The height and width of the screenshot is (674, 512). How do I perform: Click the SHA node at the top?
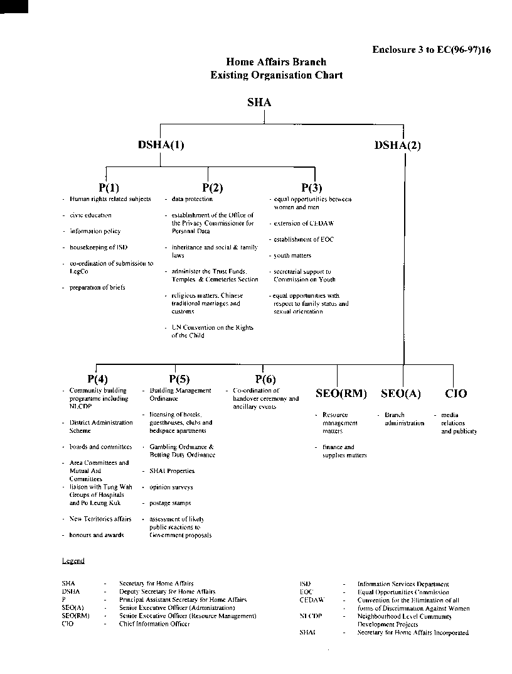coord(259,103)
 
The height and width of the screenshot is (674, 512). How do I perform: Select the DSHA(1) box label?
coord(161,144)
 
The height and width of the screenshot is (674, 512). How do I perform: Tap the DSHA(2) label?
coord(398,145)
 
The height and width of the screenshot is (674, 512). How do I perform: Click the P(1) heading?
coord(109,187)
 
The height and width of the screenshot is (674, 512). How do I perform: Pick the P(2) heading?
coord(213,187)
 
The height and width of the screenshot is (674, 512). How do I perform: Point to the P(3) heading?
coord(312,187)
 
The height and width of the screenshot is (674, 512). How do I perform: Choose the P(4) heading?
coord(97,379)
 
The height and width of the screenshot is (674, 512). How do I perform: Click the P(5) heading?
coord(179,379)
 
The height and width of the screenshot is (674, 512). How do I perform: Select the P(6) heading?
coord(265,379)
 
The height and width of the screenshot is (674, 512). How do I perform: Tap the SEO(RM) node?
coord(341,394)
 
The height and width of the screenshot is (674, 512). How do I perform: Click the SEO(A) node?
coord(401,394)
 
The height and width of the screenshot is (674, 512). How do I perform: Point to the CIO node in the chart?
coord(456,394)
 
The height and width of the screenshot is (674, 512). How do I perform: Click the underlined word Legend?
coord(73,560)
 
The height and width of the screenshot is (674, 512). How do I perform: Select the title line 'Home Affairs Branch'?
coord(276,62)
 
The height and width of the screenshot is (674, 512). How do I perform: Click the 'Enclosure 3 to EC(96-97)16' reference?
coord(431,50)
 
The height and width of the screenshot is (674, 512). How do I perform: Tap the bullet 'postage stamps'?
coord(170,503)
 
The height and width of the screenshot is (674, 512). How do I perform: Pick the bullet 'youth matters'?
coord(292,256)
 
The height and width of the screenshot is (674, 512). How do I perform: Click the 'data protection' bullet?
coord(192,199)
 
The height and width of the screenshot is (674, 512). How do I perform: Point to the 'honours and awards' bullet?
coord(96,535)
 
